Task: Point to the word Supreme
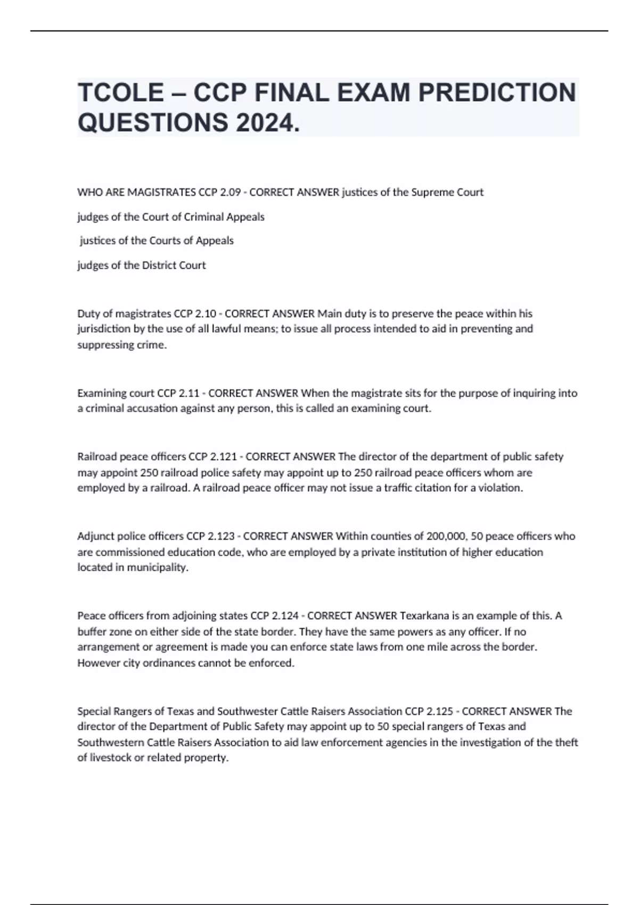432,192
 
